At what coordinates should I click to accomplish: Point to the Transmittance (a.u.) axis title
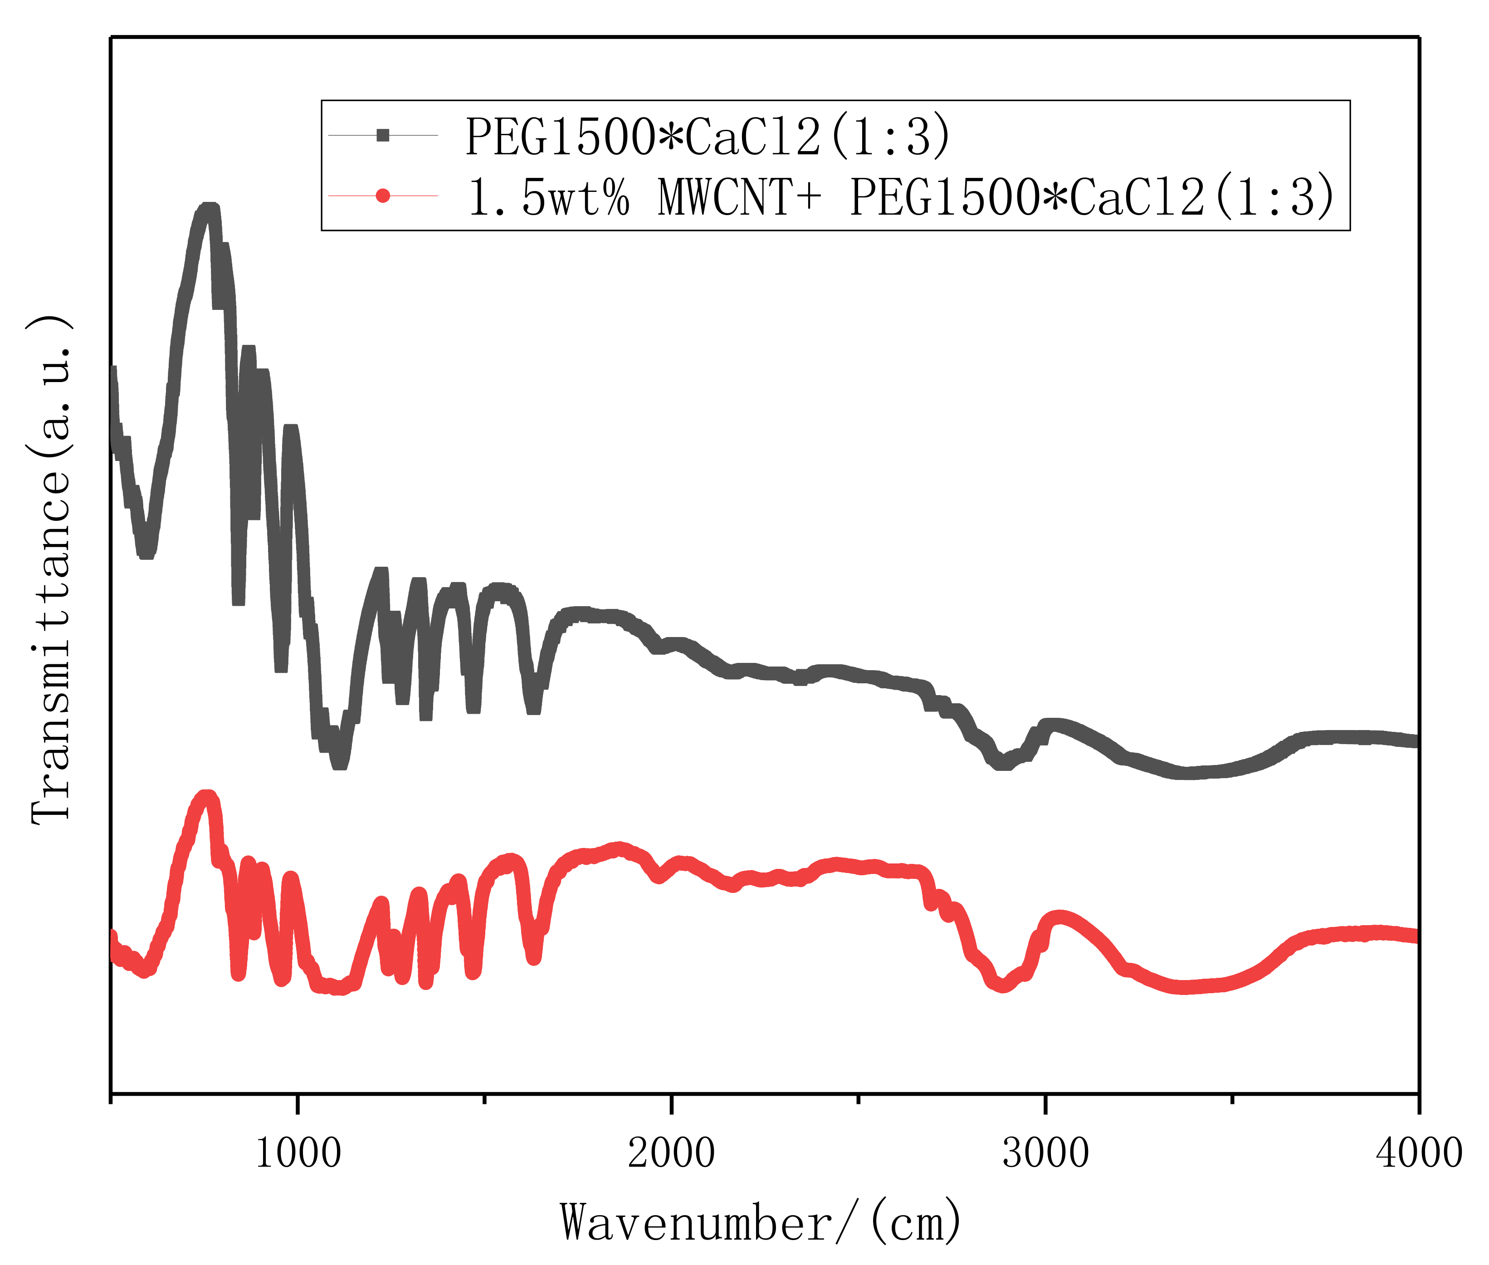[x=50, y=570]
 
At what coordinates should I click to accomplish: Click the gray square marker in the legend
[x=383, y=135]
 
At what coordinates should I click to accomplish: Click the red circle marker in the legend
[x=383, y=195]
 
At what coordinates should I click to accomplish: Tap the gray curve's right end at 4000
[x=1416, y=741]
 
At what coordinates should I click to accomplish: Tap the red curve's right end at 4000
[x=1416, y=936]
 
